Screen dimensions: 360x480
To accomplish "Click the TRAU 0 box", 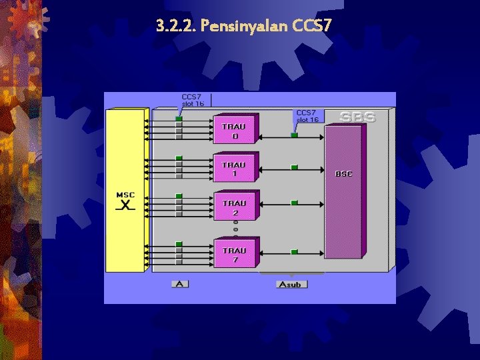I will (234, 129).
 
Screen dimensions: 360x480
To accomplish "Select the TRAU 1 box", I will (234, 168).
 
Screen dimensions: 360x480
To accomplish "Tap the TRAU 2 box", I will (234, 207).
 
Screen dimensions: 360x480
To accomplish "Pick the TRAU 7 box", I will (234, 254).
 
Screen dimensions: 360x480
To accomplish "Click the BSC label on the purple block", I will (344, 174).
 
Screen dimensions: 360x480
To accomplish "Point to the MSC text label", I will (125, 195).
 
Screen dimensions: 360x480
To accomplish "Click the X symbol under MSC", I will (125, 205).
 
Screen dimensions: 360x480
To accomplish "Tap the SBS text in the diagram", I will (357, 117).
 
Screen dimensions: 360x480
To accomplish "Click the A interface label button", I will (179, 284).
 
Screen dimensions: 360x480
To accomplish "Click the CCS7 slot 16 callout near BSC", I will (307, 116).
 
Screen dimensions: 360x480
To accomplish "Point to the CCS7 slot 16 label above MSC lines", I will (193, 101).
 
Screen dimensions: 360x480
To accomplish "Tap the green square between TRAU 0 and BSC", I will (294, 135).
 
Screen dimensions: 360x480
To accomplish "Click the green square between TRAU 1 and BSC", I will (294, 167).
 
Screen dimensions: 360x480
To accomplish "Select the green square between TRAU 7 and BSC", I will (294, 252).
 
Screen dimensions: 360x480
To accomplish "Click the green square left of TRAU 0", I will (179, 119).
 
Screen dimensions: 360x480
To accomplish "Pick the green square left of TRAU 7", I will (179, 244).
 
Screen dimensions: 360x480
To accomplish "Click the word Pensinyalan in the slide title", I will (245, 27).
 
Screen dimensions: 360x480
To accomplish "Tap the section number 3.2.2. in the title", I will (176, 27).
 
